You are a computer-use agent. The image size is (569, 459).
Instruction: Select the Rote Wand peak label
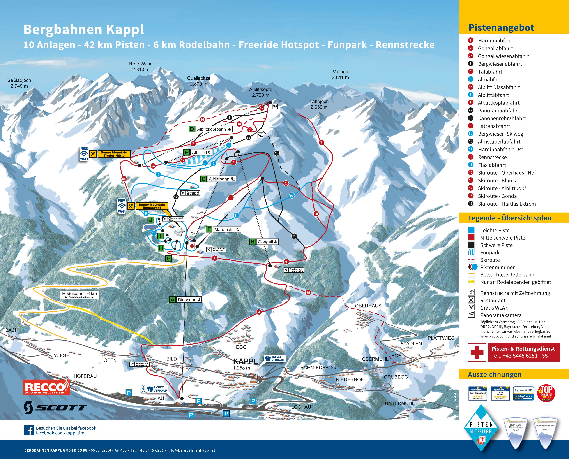(141, 67)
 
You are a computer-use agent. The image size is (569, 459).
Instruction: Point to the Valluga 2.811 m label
(340, 75)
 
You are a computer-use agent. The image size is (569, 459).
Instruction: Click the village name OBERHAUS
(368, 306)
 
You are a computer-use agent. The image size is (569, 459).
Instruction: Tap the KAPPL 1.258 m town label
(245, 364)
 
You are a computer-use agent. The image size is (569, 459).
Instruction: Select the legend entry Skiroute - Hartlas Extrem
(507, 204)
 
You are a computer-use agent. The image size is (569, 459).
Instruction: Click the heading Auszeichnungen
(494, 374)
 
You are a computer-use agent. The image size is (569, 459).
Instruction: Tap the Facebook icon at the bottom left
(29, 430)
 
